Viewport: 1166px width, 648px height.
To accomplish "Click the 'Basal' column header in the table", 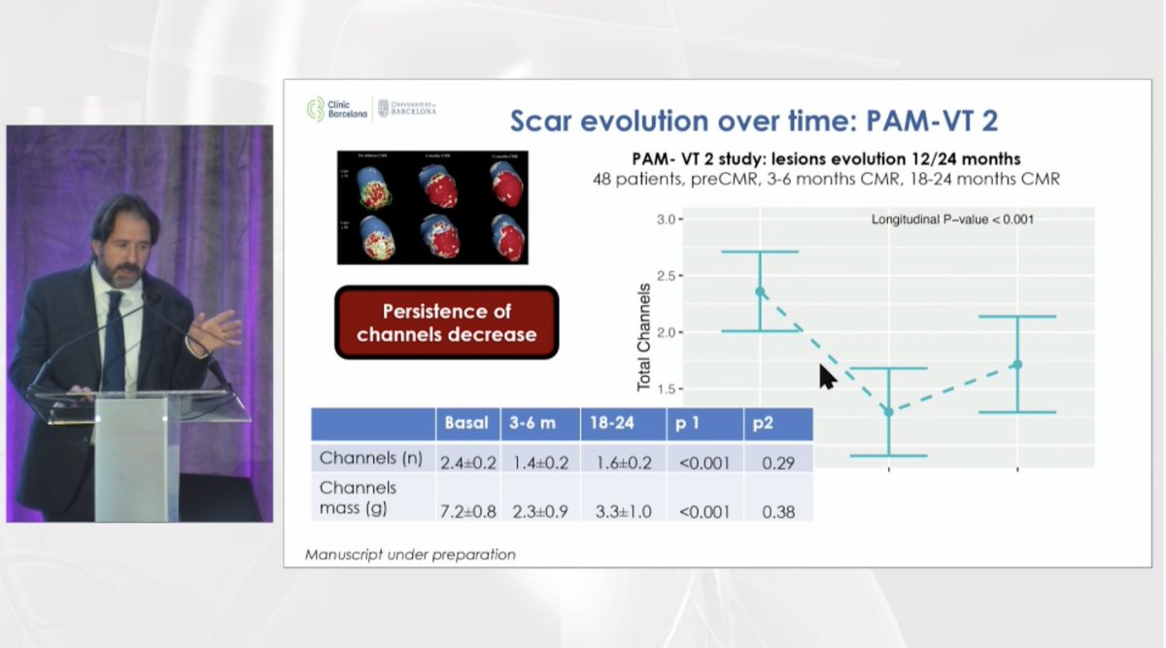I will pos(466,424).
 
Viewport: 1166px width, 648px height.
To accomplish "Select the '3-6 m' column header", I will pos(532,424).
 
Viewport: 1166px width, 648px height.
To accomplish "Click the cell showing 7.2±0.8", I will pos(467,511).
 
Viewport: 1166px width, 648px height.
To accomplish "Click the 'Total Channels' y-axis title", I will pos(644,337).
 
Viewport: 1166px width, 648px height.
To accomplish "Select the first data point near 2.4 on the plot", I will pos(760,291).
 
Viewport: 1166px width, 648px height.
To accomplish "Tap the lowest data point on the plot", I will pos(888,412).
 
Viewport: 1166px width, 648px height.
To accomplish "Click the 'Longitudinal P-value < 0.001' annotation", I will pos(952,220).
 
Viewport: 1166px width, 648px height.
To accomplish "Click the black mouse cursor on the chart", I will pos(827,376).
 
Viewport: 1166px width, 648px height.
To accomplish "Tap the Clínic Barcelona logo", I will pos(336,109).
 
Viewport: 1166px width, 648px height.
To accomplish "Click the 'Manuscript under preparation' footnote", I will pos(409,555).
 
